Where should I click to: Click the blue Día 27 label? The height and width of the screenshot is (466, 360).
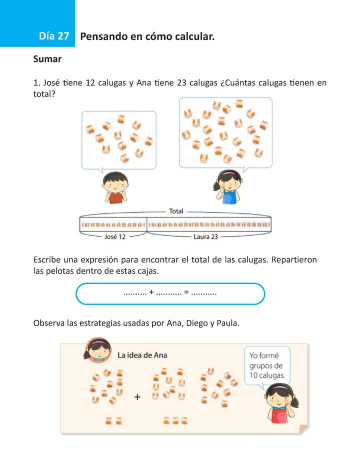pyautogui.click(x=53, y=36)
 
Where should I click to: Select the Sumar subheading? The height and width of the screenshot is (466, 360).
pyautogui.click(x=47, y=59)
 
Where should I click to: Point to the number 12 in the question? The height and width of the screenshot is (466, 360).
pyautogui.click(x=90, y=83)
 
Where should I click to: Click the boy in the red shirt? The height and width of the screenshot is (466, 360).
pyautogui.click(x=115, y=187)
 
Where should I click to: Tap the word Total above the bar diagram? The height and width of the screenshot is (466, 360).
pyautogui.click(x=176, y=211)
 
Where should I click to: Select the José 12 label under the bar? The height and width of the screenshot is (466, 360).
pyautogui.click(x=115, y=237)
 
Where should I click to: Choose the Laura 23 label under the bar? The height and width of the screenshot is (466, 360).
pyautogui.click(x=205, y=237)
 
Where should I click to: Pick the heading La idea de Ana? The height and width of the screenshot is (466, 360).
pyautogui.click(x=142, y=355)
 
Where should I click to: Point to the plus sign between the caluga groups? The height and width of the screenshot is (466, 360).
pyautogui.click(x=137, y=397)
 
